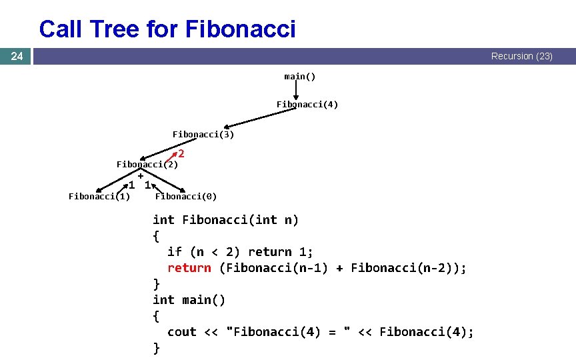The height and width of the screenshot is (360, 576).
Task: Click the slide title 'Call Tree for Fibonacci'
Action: [167, 29]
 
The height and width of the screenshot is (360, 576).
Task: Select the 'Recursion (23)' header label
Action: [521, 56]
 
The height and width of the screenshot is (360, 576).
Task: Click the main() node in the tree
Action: [300, 77]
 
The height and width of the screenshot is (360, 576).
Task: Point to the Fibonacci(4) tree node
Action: [307, 105]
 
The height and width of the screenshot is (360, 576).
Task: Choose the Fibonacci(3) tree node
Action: [203, 135]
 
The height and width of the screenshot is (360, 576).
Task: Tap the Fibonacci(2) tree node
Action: [147, 165]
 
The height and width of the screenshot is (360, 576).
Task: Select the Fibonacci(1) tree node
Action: [99, 196]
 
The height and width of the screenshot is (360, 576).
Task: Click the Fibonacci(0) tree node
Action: [185, 196]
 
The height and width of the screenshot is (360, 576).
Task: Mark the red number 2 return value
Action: [181, 154]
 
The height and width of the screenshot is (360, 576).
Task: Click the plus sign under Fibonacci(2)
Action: [141, 175]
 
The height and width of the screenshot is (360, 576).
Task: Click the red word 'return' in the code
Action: [189, 268]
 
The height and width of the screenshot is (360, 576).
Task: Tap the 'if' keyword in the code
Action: [175, 252]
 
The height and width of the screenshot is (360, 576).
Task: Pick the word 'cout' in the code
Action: [182, 332]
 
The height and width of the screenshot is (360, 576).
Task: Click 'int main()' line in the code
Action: [189, 300]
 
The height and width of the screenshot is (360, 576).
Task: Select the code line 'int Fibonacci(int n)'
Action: [225, 220]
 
